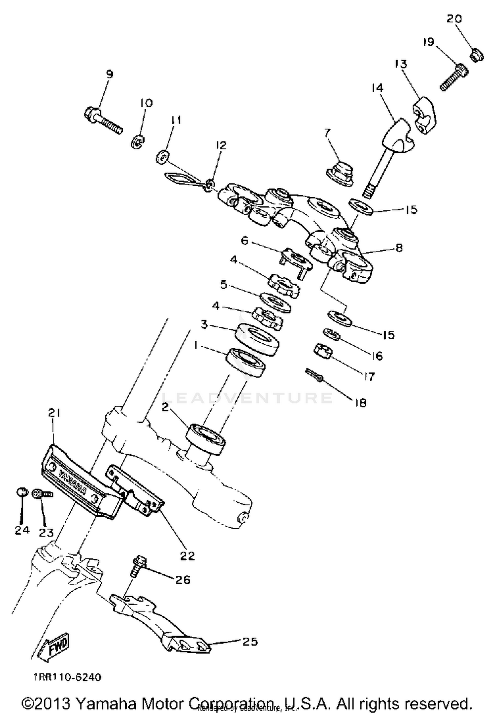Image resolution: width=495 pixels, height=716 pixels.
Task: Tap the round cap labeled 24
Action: tap(21, 492)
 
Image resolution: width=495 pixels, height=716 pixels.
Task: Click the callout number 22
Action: tap(187, 555)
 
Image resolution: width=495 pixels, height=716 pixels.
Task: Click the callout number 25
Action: tap(250, 642)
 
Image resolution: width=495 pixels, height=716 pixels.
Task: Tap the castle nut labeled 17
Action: tap(322, 352)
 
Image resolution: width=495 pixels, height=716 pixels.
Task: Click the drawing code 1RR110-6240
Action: tap(67, 677)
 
